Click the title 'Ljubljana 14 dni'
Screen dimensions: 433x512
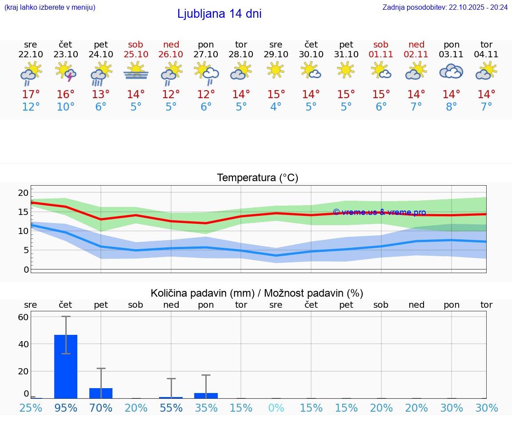[219, 14]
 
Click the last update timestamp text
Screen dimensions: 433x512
[445, 7]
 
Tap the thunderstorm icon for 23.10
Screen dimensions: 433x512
[65, 72]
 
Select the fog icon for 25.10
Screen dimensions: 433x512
[136, 72]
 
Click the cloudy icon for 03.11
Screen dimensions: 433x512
[451, 72]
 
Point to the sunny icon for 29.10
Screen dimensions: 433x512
[276, 70]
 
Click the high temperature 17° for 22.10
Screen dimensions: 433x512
[31, 94]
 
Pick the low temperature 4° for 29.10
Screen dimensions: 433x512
[276, 107]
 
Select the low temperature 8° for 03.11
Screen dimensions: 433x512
[451, 107]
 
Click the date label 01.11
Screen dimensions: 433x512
[381, 54]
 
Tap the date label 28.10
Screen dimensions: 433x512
[241, 54]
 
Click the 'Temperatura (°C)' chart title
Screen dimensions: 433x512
[257, 178]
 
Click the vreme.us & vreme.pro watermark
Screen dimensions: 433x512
[380, 212]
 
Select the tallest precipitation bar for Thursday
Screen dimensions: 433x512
[66, 366]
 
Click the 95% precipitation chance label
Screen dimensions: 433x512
[66, 408]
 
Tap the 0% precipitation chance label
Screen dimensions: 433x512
[276, 408]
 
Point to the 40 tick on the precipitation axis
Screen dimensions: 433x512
[23, 344]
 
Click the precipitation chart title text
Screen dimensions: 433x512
[257, 293]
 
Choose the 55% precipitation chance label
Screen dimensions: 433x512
[171, 408]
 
